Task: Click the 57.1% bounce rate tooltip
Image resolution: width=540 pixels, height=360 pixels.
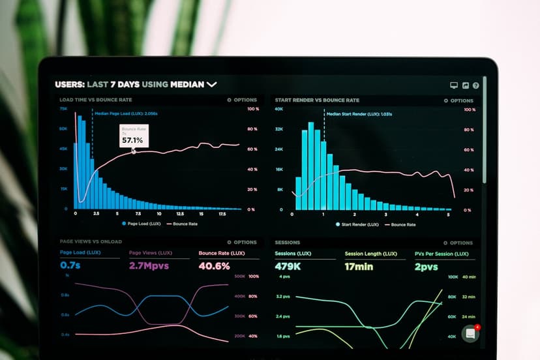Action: point(134,136)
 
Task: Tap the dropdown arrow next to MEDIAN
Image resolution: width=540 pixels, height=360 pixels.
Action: point(211,84)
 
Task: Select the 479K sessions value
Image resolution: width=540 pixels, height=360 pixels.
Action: point(288,266)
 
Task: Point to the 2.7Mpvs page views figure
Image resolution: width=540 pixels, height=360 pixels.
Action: point(149,266)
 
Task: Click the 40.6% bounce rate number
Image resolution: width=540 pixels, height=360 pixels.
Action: point(214,266)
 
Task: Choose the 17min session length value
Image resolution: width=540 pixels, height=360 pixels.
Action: point(359,266)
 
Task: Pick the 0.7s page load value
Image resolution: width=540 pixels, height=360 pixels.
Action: point(70,266)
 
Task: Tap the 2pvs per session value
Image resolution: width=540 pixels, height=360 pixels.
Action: point(426,266)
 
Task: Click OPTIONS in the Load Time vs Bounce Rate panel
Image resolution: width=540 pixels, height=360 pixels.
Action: point(242,100)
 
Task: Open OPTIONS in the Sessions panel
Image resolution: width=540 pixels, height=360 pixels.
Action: point(458,243)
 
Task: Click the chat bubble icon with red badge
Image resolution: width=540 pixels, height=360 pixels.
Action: point(471,333)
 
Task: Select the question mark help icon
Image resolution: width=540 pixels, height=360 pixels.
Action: point(476,85)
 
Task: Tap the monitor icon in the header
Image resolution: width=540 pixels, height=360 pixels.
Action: point(454,85)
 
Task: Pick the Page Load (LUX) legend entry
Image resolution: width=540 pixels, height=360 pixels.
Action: point(141,224)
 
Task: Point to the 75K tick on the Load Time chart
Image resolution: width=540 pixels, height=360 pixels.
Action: point(63,109)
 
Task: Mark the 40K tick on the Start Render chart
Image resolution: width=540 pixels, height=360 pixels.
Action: point(278,109)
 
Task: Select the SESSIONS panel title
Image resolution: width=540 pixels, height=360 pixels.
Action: point(287,242)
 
